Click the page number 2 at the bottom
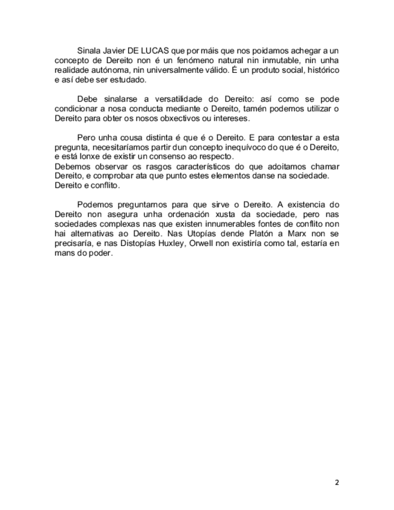337,482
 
